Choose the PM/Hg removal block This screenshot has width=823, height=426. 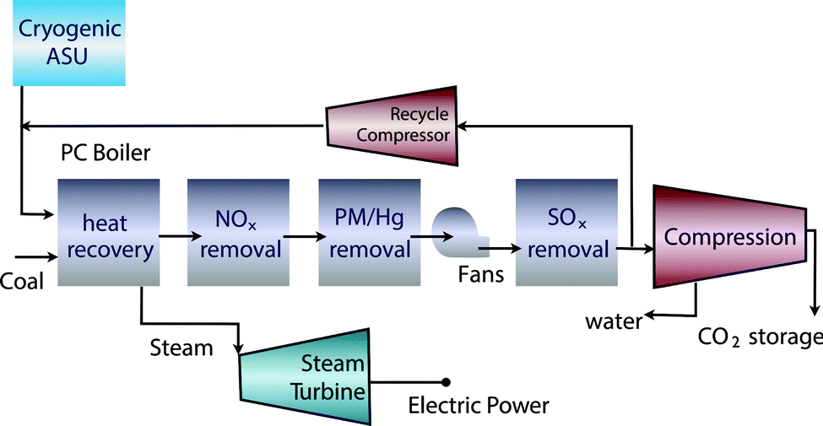click(x=368, y=236)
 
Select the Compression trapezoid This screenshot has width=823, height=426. click(x=729, y=236)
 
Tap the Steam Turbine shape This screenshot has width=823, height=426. click(x=306, y=375)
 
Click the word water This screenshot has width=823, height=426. click(x=612, y=321)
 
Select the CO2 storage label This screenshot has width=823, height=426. click(x=760, y=337)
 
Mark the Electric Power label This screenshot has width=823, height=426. click(x=479, y=407)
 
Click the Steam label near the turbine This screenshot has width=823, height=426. click(x=181, y=347)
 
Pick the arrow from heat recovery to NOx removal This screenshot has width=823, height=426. click(x=171, y=237)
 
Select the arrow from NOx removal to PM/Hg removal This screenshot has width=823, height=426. click(x=302, y=237)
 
